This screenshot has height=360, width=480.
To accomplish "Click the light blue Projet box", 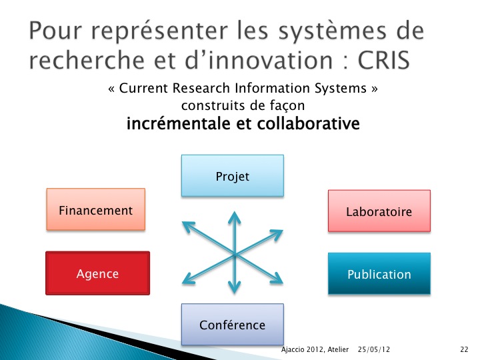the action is pos(233,176).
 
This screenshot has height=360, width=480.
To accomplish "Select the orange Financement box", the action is pos(96,209).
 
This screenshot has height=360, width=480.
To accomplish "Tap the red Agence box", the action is pos(97,273).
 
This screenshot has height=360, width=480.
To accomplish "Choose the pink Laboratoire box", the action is pos(379,211).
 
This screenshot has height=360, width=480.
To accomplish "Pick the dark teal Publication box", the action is pos(379,274).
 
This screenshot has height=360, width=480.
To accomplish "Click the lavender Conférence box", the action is pos(233,325).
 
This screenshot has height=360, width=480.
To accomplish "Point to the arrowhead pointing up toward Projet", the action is pos(235,217).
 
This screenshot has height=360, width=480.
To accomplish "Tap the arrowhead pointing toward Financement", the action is pos(188,227).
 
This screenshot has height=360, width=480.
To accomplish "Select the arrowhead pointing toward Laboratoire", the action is pos(277,234).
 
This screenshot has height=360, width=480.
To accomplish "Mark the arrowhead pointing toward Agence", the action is pos(188,279).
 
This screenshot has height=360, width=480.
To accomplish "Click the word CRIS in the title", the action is pos(383,60).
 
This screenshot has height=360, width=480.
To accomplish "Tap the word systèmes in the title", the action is pos(333,31).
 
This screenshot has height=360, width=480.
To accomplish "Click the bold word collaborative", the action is pos(308,124).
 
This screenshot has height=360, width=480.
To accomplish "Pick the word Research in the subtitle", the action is pos(201,88).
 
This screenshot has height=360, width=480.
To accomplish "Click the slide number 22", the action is pos(464,349).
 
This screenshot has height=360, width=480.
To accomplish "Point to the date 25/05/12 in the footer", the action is pos(374,349).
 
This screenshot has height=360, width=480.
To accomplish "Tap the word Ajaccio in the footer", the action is pos(293,349).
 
